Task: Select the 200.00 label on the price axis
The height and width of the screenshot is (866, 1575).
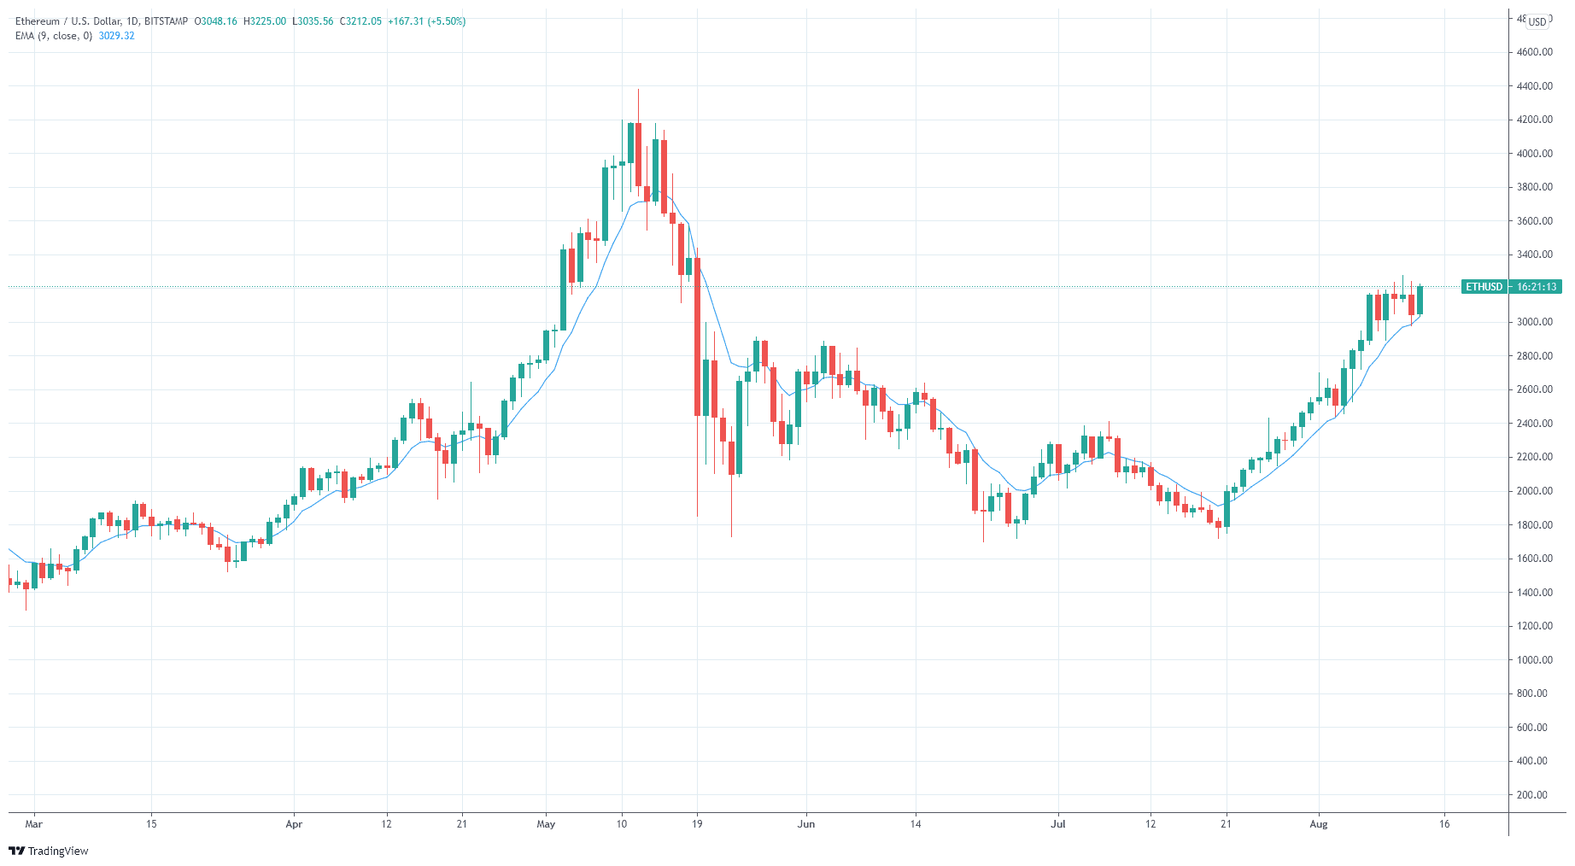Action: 1531,795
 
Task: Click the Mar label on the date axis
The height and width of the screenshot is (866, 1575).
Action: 33,824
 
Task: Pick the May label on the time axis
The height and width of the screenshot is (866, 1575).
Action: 546,824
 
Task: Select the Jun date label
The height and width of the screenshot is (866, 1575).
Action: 805,824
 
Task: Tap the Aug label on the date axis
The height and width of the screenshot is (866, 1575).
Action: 1319,824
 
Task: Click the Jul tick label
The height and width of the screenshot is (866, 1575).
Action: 1058,824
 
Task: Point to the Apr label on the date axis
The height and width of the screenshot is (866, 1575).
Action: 294,824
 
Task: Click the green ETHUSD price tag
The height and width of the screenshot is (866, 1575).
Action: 1484,287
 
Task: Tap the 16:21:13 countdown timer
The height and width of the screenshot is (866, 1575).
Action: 1537,287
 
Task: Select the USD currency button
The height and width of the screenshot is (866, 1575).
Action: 1537,22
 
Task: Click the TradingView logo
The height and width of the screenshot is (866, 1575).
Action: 49,851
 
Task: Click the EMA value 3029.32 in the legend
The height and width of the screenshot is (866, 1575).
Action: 116,36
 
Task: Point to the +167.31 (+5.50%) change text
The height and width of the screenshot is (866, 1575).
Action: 426,21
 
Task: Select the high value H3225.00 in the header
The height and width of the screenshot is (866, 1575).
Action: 265,21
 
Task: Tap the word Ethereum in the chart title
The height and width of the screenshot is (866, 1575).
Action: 38,21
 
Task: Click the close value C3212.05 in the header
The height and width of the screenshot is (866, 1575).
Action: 360,21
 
